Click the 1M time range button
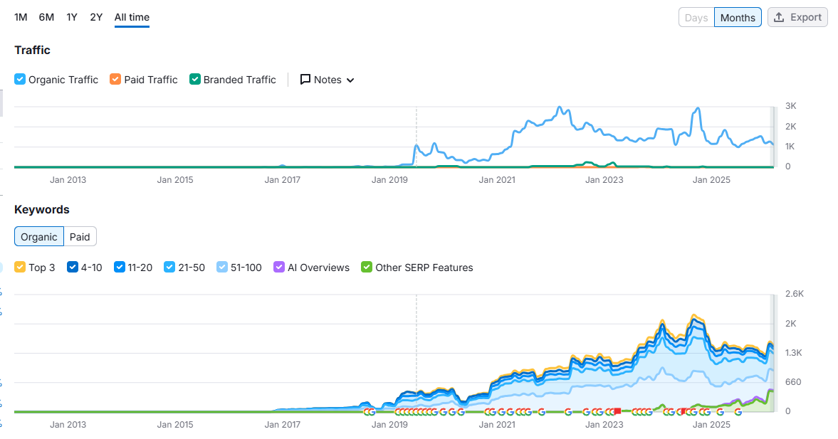pyautogui.click(x=21, y=17)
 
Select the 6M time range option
pyautogui.click(x=46, y=17)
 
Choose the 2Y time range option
pyautogui.click(x=96, y=17)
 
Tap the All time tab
pyautogui.click(x=132, y=17)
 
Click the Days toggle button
pyautogui.click(x=696, y=18)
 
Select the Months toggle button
pyautogui.click(x=738, y=18)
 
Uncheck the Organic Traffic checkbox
pyautogui.click(x=20, y=80)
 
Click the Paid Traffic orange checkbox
pyautogui.click(x=115, y=80)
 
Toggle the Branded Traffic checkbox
pyautogui.click(x=195, y=80)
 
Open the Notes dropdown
pyautogui.click(x=328, y=80)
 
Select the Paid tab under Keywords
pyautogui.click(x=80, y=237)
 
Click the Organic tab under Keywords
pyautogui.click(x=39, y=237)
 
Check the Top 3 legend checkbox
pyautogui.click(x=20, y=268)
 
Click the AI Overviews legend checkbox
pyautogui.click(x=279, y=268)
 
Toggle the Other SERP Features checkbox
pyautogui.click(x=367, y=268)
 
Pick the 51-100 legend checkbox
pyautogui.click(x=223, y=268)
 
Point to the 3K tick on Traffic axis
pyautogui.click(x=791, y=106)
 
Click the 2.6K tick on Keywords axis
pyautogui.click(x=794, y=293)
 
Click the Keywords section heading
pyautogui.click(x=42, y=210)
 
